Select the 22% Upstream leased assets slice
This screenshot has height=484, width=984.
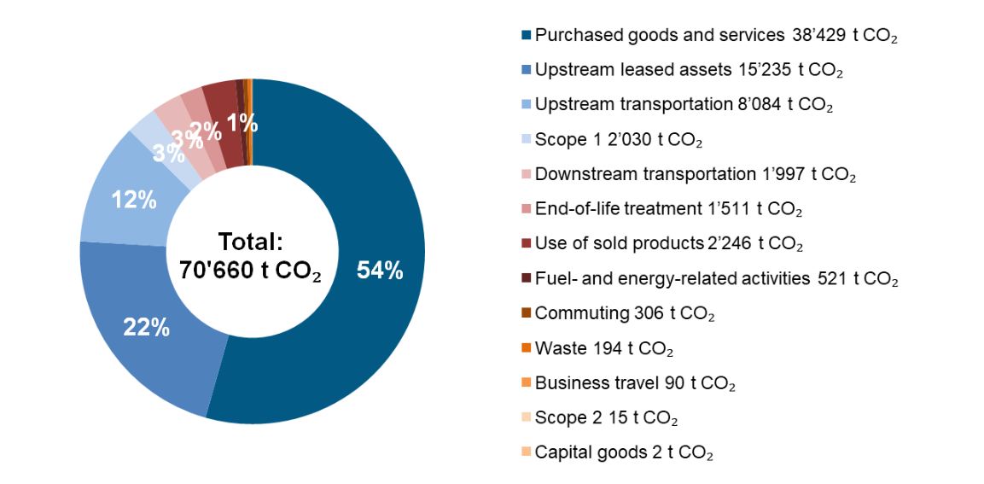pyautogui.click(x=154, y=341)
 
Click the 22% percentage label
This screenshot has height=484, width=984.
pyautogui.click(x=146, y=327)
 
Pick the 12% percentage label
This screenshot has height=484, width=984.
pyautogui.click(x=134, y=200)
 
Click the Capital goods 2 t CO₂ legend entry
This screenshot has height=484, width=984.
pyautogui.click(x=623, y=452)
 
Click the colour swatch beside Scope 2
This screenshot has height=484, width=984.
pyautogui.click(x=527, y=418)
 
